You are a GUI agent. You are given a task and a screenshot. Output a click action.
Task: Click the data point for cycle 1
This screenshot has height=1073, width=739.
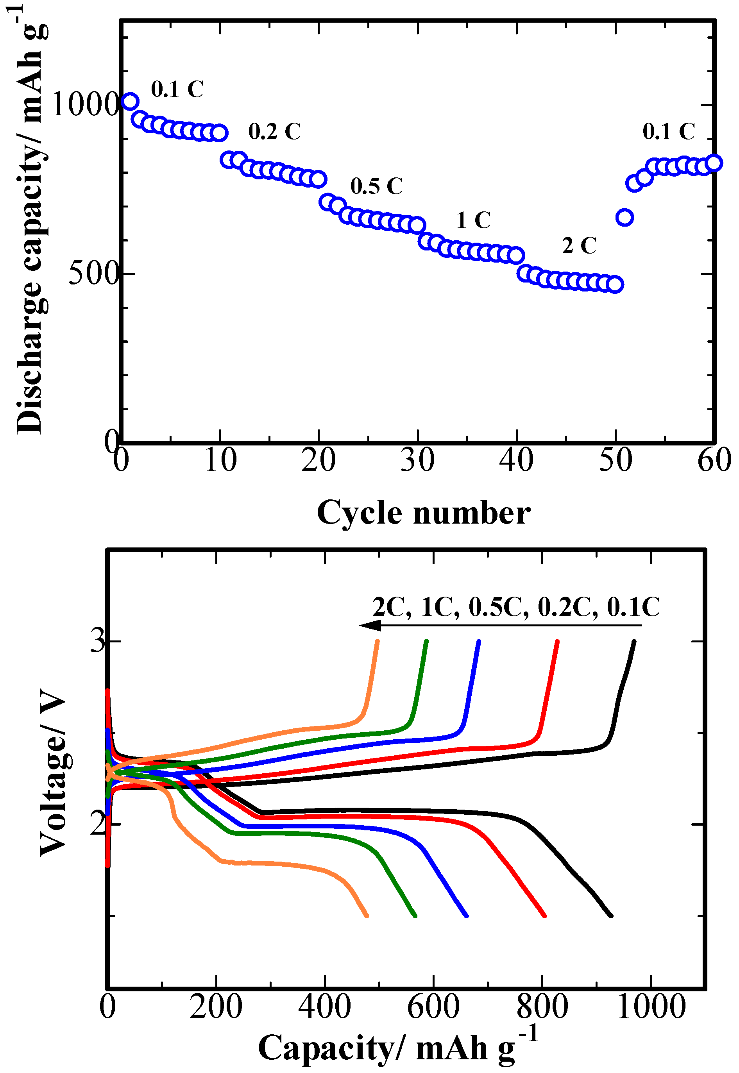130,101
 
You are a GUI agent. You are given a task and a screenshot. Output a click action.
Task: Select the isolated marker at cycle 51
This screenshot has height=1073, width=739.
624,217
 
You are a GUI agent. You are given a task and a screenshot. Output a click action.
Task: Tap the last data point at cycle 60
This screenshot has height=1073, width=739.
714,163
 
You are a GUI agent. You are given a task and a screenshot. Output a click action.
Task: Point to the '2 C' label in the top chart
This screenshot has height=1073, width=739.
579,245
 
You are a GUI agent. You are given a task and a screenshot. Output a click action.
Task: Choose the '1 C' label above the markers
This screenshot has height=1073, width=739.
473,220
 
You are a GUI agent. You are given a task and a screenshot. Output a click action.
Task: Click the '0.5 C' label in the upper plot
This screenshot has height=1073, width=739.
376,186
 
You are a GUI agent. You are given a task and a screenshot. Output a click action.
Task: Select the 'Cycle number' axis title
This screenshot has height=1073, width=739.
423,513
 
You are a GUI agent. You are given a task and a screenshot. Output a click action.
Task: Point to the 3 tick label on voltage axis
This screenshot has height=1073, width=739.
98,642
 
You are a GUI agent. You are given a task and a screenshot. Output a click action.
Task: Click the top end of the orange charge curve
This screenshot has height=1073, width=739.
378,641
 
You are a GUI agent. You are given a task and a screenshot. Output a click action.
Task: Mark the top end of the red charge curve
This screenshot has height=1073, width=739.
558,641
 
